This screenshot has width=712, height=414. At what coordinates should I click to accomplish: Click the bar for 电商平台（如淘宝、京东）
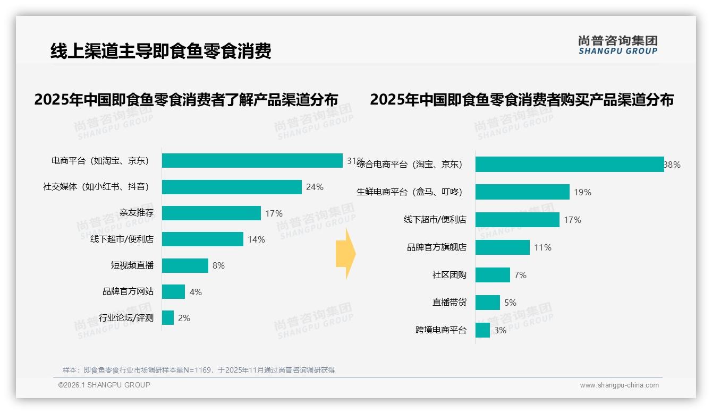pyautogui.click(x=252, y=160)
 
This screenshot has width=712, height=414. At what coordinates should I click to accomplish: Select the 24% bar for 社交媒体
pyautogui.click(x=232, y=187)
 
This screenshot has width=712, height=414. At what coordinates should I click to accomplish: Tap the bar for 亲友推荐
pyautogui.click(x=211, y=213)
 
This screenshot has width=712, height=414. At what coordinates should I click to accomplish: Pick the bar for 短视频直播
pyautogui.click(x=185, y=265)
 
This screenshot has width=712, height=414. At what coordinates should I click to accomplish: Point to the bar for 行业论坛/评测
pyautogui.click(x=168, y=318)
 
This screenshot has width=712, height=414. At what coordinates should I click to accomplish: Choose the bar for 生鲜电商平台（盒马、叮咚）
pyautogui.click(x=522, y=192)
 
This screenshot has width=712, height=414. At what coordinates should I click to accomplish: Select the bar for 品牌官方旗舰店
pyautogui.click(x=503, y=247)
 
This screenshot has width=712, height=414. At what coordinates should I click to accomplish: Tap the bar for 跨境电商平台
pyautogui.click(x=482, y=330)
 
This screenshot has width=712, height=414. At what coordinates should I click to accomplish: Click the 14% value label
pyautogui.click(x=256, y=239)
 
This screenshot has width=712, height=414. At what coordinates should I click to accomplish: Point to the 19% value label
pyautogui.click(x=582, y=192)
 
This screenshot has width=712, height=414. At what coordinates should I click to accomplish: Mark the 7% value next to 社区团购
pyautogui.click(x=520, y=275)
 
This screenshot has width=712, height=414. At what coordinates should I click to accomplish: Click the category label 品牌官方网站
pyautogui.click(x=128, y=291)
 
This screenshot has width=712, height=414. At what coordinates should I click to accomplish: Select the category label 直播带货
pyautogui.click(x=449, y=303)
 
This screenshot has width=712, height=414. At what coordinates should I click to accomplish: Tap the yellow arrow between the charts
pyautogui.click(x=345, y=254)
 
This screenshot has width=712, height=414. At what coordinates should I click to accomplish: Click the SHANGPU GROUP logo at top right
pyautogui.click(x=618, y=45)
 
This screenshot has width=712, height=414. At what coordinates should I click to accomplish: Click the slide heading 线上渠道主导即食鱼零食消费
pyautogui.click(x=161, y=51)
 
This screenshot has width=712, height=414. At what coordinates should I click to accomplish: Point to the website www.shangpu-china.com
pyautogui.click(x=619, y=385)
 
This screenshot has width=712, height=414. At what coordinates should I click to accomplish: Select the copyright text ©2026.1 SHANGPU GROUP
pyautogui.click(x=104, y=385)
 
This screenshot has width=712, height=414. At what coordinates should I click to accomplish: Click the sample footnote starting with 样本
pyautogui.click(x=199, y=370)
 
